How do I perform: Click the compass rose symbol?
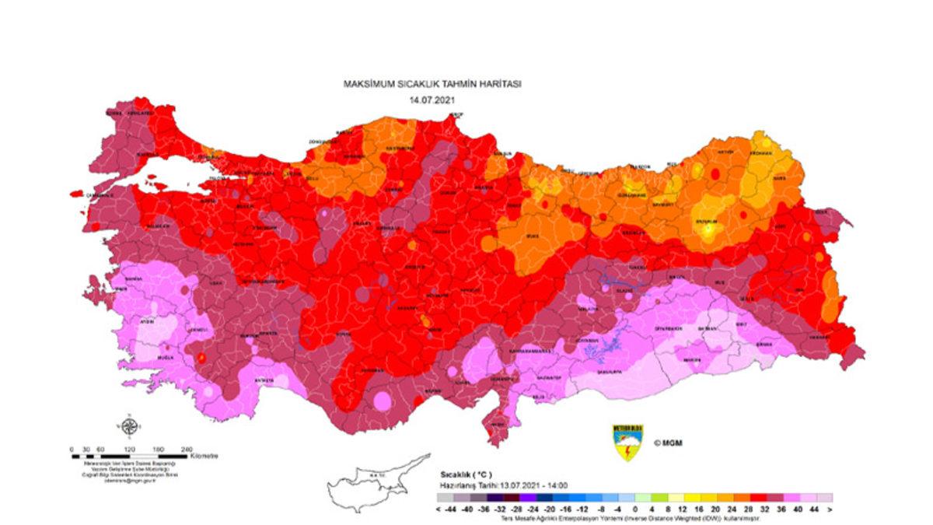coord(129,426)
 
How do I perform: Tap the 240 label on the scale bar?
coord(187,450)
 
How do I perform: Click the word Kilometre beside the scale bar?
coord(205,456)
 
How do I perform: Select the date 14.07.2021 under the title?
coord(432,101)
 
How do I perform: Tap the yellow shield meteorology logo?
coord(627,443)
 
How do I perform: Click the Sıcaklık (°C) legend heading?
coord(465,474)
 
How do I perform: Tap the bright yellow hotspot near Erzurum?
coord(708,227)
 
